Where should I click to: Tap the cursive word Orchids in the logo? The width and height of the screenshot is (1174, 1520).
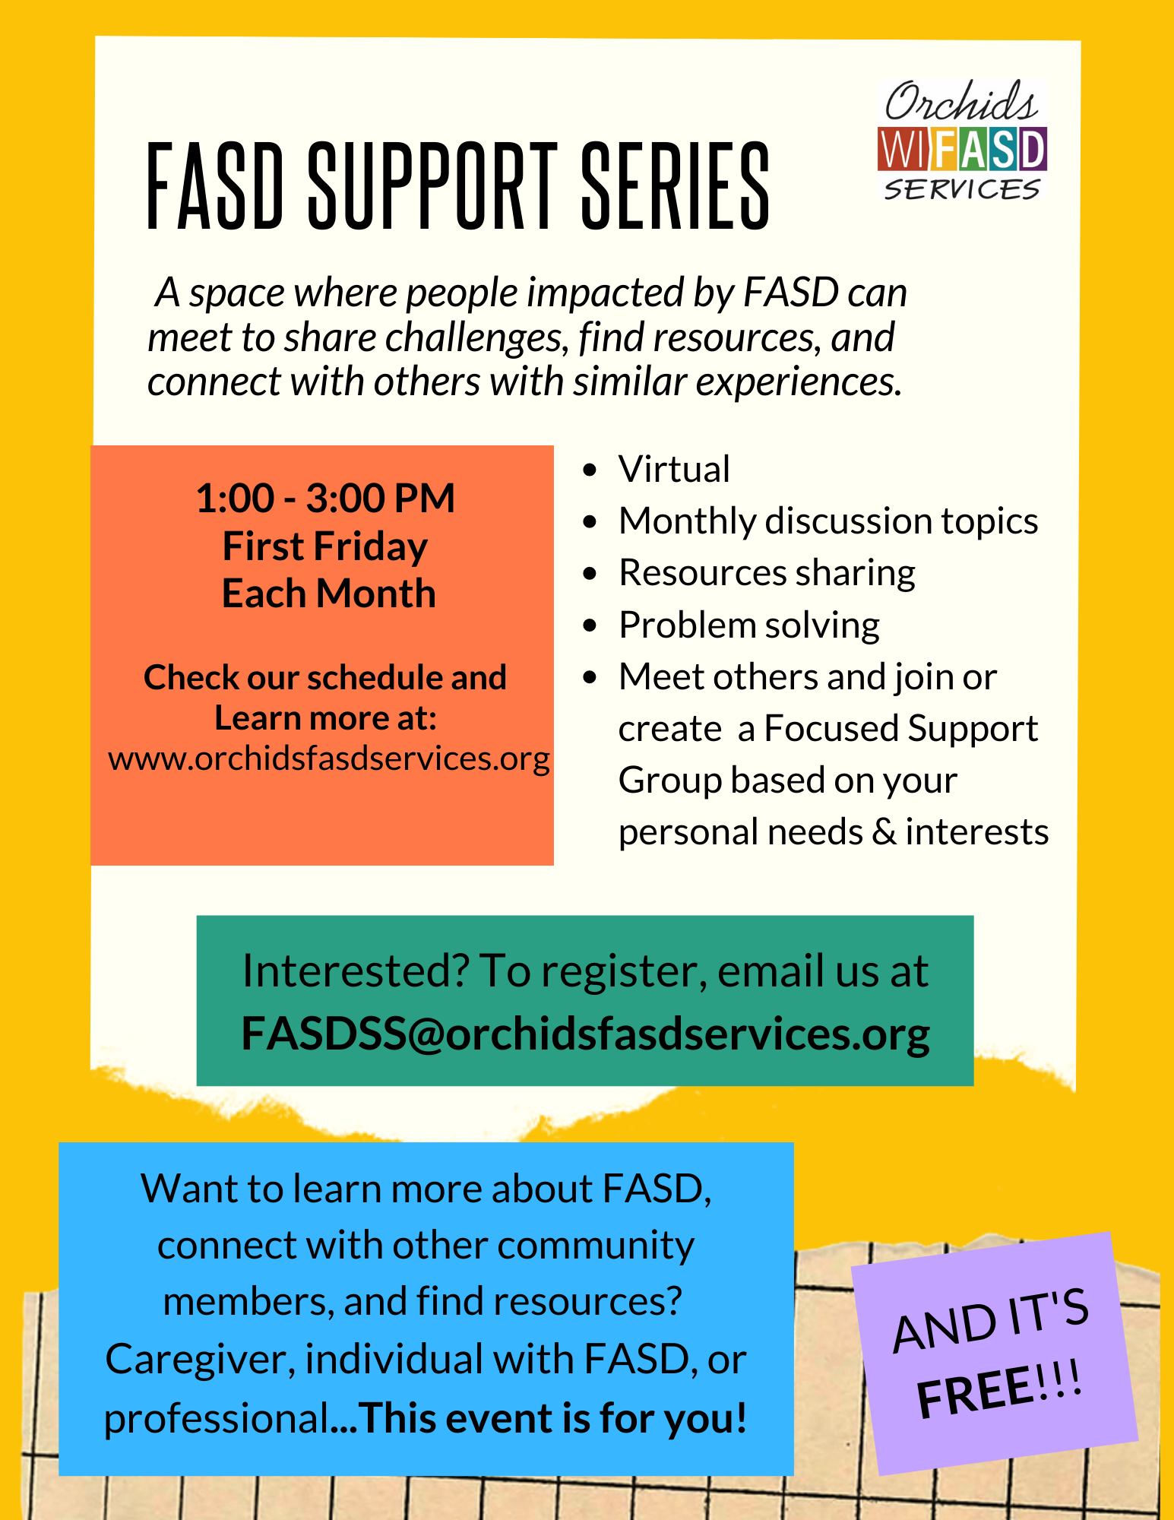pyautogui.click(x=961, y=103)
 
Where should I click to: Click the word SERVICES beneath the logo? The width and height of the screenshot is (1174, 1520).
pyautogui.click(x=962, y=188)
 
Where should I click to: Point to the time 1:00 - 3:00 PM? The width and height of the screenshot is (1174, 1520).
pyautogui.click(x=325, y=499)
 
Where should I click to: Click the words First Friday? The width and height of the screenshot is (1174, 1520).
pyautogui.click(x=325, y=546)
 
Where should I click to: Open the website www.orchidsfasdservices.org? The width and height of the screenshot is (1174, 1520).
pyautogui.click(x=329, y=758)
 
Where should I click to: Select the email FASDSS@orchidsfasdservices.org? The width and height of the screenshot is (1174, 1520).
pyautogui.click(x=585, y=1034)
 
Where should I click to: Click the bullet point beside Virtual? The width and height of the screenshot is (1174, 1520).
pyautogui.click(x=590, y=470)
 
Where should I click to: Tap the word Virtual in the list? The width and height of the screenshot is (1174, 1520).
pyautogui.click(x=674, y=469)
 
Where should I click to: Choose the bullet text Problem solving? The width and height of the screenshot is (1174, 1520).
pyautogui.click(x=749, y=625)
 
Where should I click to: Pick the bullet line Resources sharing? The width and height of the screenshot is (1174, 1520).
pyautogui.click(x=767, y=573)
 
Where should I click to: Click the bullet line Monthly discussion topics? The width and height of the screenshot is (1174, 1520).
pyautogui.click(x=828, y=521)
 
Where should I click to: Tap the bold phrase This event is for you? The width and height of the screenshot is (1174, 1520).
pyautogui.click(x=554, y=1418)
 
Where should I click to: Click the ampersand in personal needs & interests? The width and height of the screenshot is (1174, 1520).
pyautogui.click(x=884, y=832)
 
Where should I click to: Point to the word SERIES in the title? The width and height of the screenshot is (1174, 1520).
pyautogui.click(x=676, y=186)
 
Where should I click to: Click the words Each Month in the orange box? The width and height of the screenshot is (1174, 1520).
pyautogui.click(x=328, y=594)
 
